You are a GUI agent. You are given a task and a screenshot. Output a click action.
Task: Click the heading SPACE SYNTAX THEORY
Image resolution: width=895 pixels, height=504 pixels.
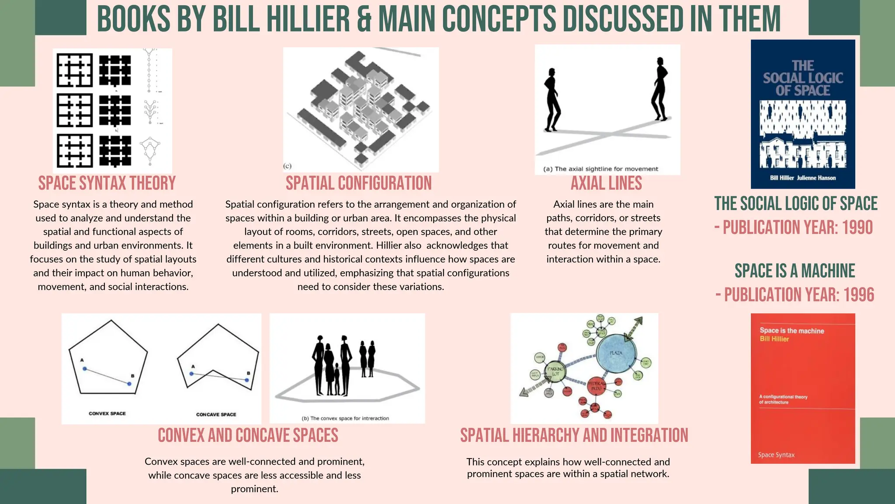(107, 183)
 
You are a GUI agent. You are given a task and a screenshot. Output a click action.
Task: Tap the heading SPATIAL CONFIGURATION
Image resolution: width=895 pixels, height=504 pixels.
(358, 183)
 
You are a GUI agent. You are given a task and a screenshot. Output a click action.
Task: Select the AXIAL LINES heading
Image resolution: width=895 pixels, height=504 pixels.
(606, 183)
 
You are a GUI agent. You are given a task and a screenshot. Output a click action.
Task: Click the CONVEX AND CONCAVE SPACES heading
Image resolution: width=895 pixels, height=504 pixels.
(248, 435)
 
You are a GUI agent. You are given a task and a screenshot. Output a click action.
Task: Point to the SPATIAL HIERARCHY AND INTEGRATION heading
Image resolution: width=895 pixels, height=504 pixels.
(574, 435)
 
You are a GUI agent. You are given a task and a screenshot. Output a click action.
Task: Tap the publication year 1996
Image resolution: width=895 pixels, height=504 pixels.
(858, 295)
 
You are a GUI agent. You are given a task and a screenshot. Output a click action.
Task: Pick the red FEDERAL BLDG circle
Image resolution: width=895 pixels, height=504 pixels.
(596, 386)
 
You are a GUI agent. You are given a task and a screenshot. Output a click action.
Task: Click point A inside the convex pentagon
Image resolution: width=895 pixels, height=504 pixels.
(85, 369)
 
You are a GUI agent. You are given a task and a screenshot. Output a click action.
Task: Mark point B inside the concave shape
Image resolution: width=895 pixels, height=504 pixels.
(247, 380)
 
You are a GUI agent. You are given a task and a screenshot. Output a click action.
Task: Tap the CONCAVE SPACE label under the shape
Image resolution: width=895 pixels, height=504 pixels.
(216, 414)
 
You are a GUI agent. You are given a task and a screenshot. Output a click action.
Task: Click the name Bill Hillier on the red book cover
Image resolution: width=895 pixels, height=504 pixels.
(774, 339)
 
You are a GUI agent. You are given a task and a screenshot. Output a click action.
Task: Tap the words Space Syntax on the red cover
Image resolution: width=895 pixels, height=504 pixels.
(776, 455)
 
